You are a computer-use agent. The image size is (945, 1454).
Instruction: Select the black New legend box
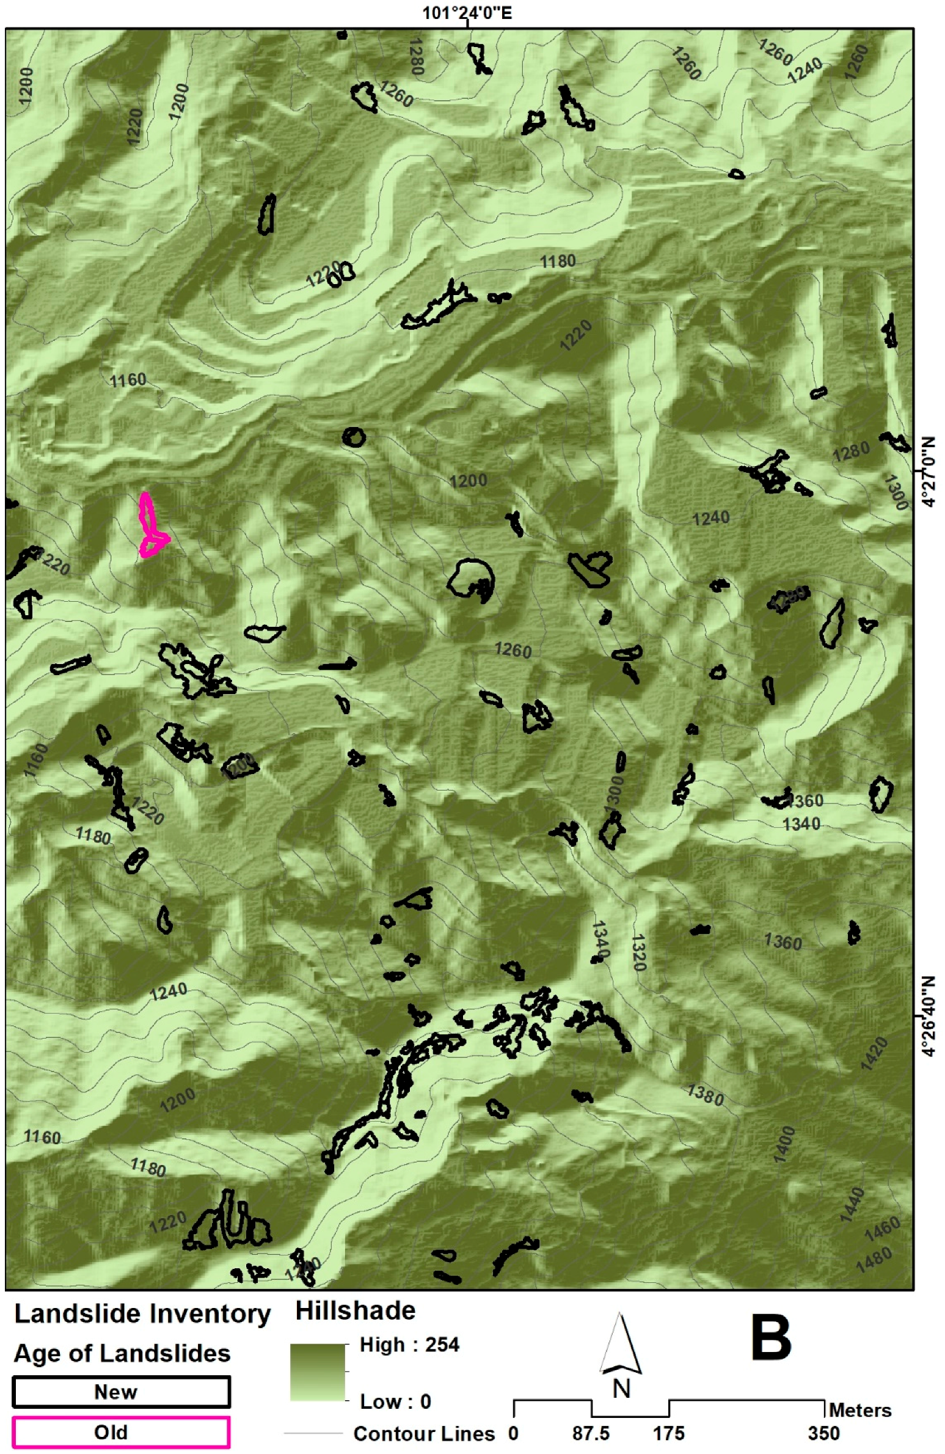click(121, 1392)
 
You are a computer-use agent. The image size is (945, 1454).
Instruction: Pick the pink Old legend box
click(121, 1432)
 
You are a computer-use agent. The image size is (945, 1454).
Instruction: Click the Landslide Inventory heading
click(142, 1313)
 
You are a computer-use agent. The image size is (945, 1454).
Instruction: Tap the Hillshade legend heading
click(355, 1311)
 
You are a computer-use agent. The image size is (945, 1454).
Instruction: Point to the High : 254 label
click(409, 1345)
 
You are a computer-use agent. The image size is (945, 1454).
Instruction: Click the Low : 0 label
click(395, 1401)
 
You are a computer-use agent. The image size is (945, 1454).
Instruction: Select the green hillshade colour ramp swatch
click(317, 1372)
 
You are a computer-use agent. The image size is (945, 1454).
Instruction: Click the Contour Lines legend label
click(423, 1433)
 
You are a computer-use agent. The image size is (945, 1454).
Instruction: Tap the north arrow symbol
click(620, 1347)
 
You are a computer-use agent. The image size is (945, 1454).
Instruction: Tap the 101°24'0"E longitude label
click(467, 13)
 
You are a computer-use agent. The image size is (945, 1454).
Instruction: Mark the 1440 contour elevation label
click(852, 1204)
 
